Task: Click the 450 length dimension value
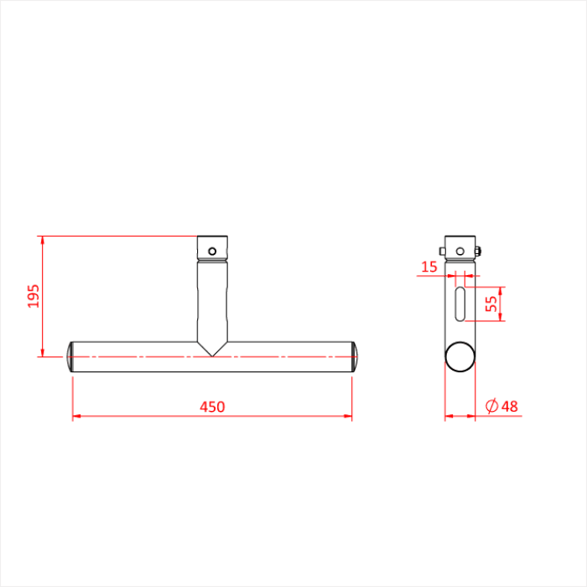click(x=212, y=407)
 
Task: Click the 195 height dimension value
click(x=34, y=296)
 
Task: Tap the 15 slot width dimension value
click(x=429, y=267)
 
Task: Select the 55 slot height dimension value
click(x=493, y=304)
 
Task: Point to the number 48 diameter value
click(x=509, y=407)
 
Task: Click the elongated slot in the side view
click(x=460, y=304)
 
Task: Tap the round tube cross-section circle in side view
click(x=459, y=356)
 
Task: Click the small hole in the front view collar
click(x=213, y=250)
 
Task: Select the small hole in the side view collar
click(x=460, y=250)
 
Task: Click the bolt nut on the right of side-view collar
click(x=477, y=249)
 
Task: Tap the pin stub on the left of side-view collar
click(x=442, y=250)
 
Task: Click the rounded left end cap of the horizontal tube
click(x=70, y=357)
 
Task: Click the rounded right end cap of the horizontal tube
click(x=356, y=357)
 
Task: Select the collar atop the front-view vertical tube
click(x=213, y=249)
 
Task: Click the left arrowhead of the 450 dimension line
click(x=76, y=415)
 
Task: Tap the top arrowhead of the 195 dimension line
click(x=41, y=241)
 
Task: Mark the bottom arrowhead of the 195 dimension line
click(x=41, y=352)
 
